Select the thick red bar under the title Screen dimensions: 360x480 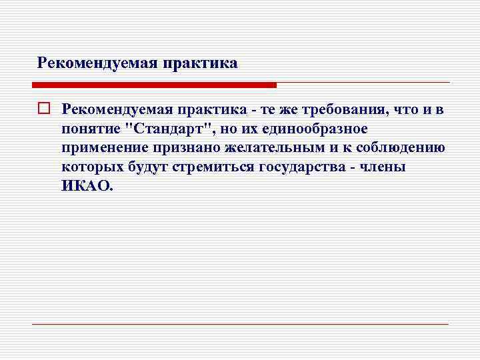point(154,85)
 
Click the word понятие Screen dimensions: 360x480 point(91,128)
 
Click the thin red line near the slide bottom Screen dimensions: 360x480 point(240,324)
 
